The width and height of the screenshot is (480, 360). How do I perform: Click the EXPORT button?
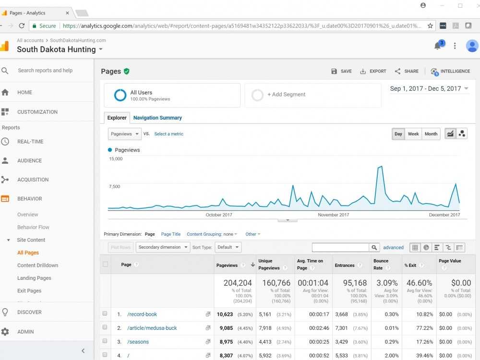pos(373,71)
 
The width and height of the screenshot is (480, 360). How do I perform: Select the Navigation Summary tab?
pos(157,118)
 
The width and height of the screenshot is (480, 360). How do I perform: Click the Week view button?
pos(413,134)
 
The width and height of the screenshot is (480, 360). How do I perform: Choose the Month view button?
pos(431,134)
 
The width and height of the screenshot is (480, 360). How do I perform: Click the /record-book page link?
pos(142,314)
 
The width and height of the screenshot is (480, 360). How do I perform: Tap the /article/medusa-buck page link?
pos(152,328)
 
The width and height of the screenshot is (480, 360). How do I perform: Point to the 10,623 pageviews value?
pos(224,314)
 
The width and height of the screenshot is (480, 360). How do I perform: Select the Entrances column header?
pos(345,265)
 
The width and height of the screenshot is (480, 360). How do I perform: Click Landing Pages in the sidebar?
pos(34,278)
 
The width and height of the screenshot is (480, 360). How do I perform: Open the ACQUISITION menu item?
pos(33,180)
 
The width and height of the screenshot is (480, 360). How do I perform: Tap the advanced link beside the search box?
pos(393,248)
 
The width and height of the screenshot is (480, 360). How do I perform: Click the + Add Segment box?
pos(312,95)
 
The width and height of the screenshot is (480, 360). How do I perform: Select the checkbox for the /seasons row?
pos(105,342)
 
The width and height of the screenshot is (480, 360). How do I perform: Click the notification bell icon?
pos(437,46)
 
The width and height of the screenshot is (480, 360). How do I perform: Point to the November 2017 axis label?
pos(334,215)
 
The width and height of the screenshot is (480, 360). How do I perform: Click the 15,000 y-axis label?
pos(116,159)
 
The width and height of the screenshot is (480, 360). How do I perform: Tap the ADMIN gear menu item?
pos(25,332)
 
